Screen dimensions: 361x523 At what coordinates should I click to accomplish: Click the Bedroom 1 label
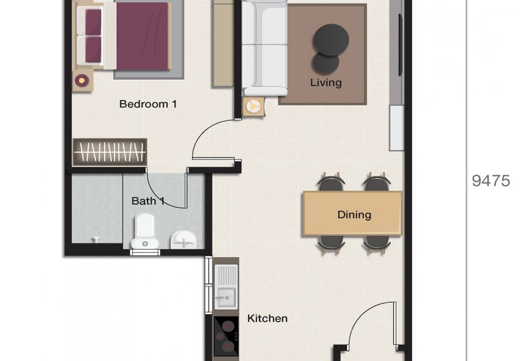148,104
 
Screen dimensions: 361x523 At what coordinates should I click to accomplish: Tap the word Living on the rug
326,82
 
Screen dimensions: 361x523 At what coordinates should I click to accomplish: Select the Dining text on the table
354,215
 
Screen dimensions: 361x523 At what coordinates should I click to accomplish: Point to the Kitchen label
267,318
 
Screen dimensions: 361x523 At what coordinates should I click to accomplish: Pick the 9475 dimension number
490,181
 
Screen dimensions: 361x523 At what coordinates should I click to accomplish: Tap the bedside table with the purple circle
82,80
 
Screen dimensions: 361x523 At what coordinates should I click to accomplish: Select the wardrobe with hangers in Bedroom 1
109,152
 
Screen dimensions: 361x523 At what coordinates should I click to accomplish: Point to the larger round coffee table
331,39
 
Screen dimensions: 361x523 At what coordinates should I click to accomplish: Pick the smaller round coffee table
326,63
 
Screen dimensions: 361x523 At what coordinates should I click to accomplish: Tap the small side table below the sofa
253,107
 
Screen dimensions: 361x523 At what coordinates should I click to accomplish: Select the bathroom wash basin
183,240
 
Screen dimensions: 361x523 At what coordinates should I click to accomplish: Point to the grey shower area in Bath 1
96,209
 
